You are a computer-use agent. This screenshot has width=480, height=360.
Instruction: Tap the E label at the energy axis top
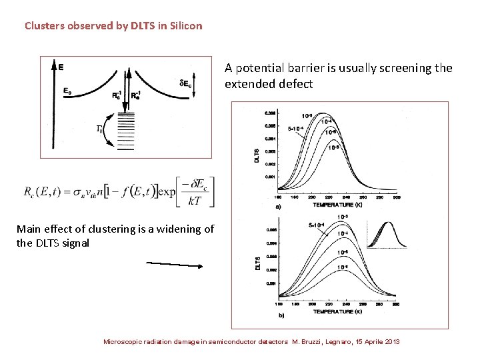pyautogui.click(x=61, y=67)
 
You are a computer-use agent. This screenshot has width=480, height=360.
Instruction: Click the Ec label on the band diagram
pyautogui.click(x=69, y=91)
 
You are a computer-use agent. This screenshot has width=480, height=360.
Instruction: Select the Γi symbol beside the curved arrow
pyautogui.click(x=101, y=129)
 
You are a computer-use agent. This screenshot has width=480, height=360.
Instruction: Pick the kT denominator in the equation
pyautogui.click(x=194, y=200)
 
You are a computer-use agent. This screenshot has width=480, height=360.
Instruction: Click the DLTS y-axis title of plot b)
pyautogui.click(x=258, y=263)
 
